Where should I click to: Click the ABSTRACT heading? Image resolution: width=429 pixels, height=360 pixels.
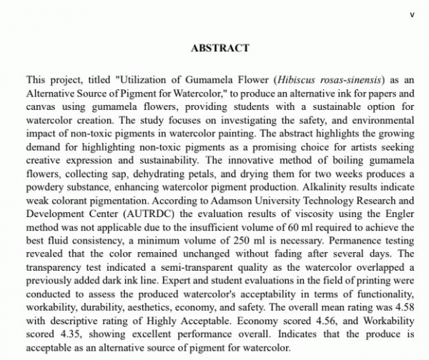pos(220,49)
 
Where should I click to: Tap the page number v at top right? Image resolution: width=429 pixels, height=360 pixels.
pos(411,14)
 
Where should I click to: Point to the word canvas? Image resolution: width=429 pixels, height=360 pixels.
pos(42,106)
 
